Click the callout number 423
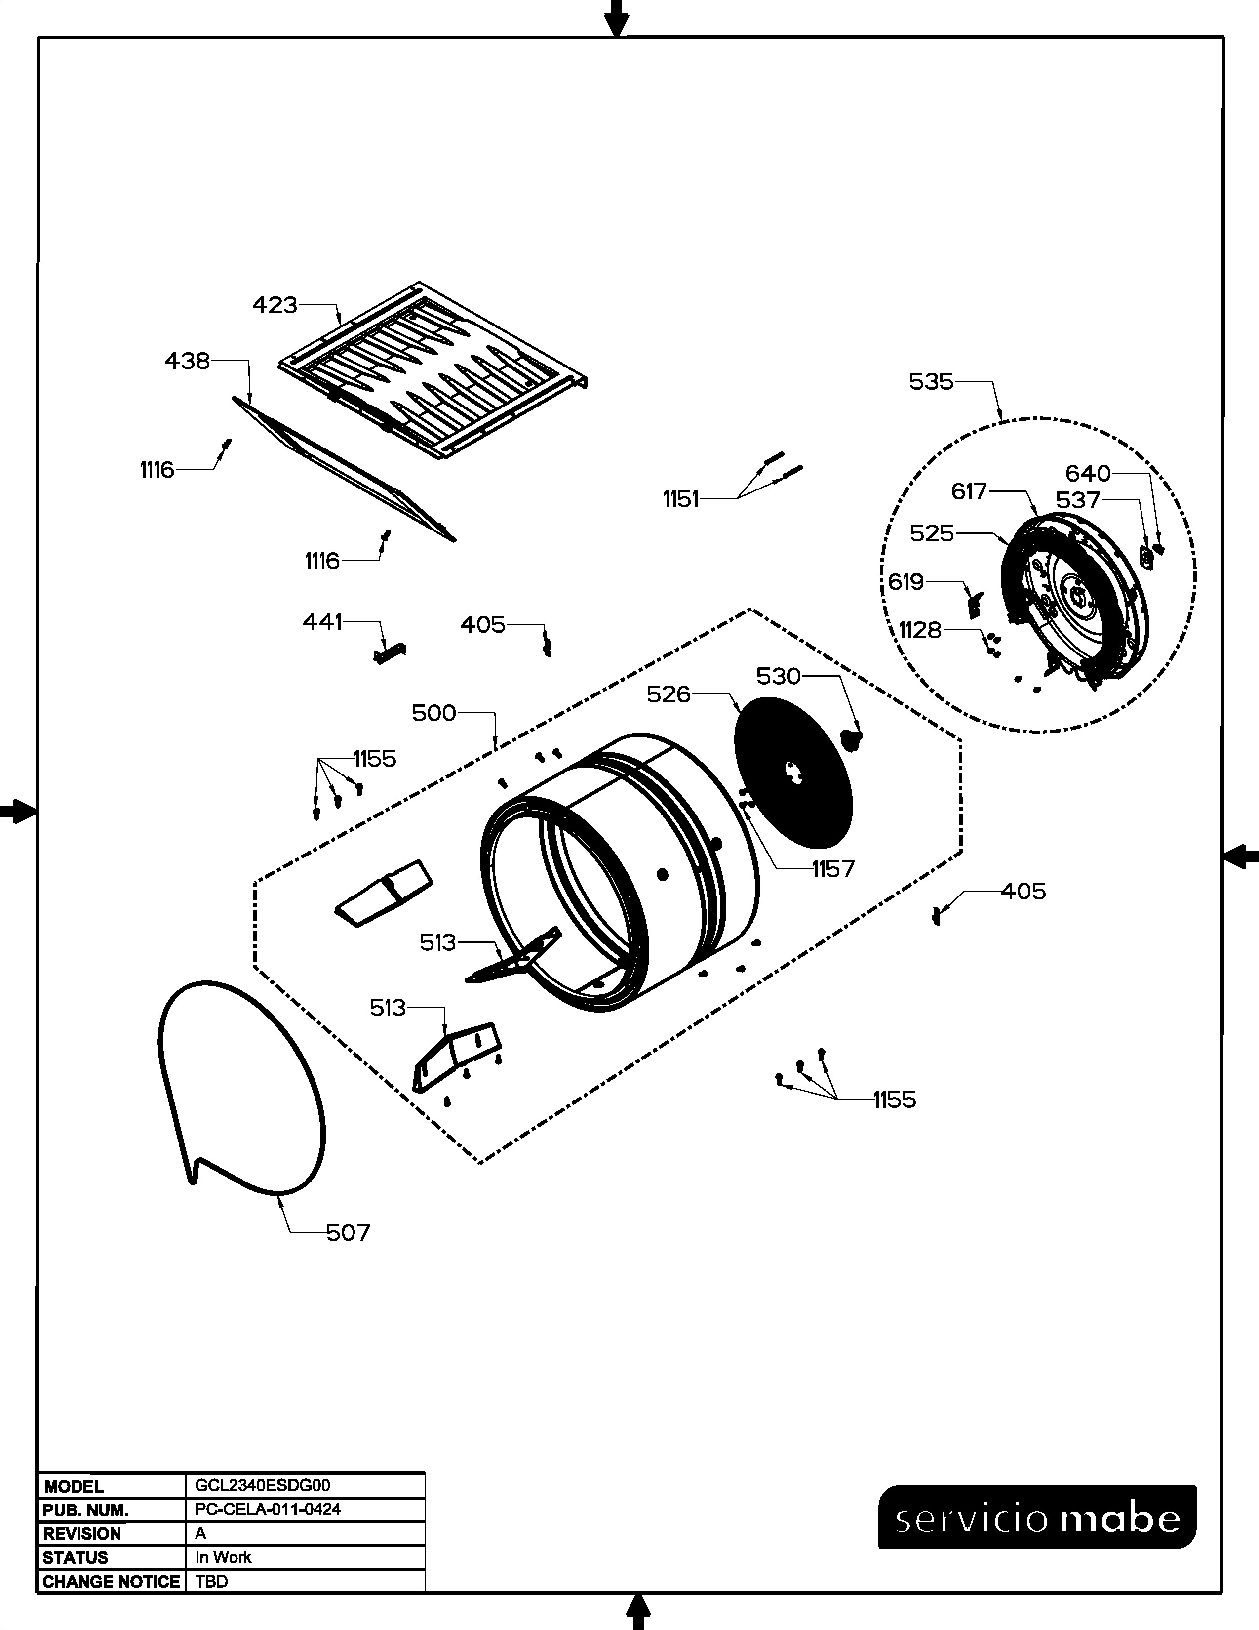pyautogui.click(x=275, y=305)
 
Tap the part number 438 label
pyautogui.click(x=187, y=361)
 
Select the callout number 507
pyautogui.click(x=348, y=1232)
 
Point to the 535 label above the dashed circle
pyautogui.click(x=932, y=382)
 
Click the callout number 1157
pyautogui.click(x=833, y=869)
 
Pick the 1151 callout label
pyautogui.click(x=681, y=499)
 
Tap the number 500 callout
pyautogui.click(x=434, y=714)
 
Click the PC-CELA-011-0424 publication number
pyautogui.click(x=267, y=1509)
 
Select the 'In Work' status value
pyautogui.click(x=223, y=1557)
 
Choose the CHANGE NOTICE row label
pyautogui.click(x=111, y=1582)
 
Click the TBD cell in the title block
pyautogui.click(x=211, y=1582)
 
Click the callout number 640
pyautogui.click(x=1088, y=474)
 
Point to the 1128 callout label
pyautogui.click(x=920, y=631)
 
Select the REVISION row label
pyautogui.click(x=82, y=1534)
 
